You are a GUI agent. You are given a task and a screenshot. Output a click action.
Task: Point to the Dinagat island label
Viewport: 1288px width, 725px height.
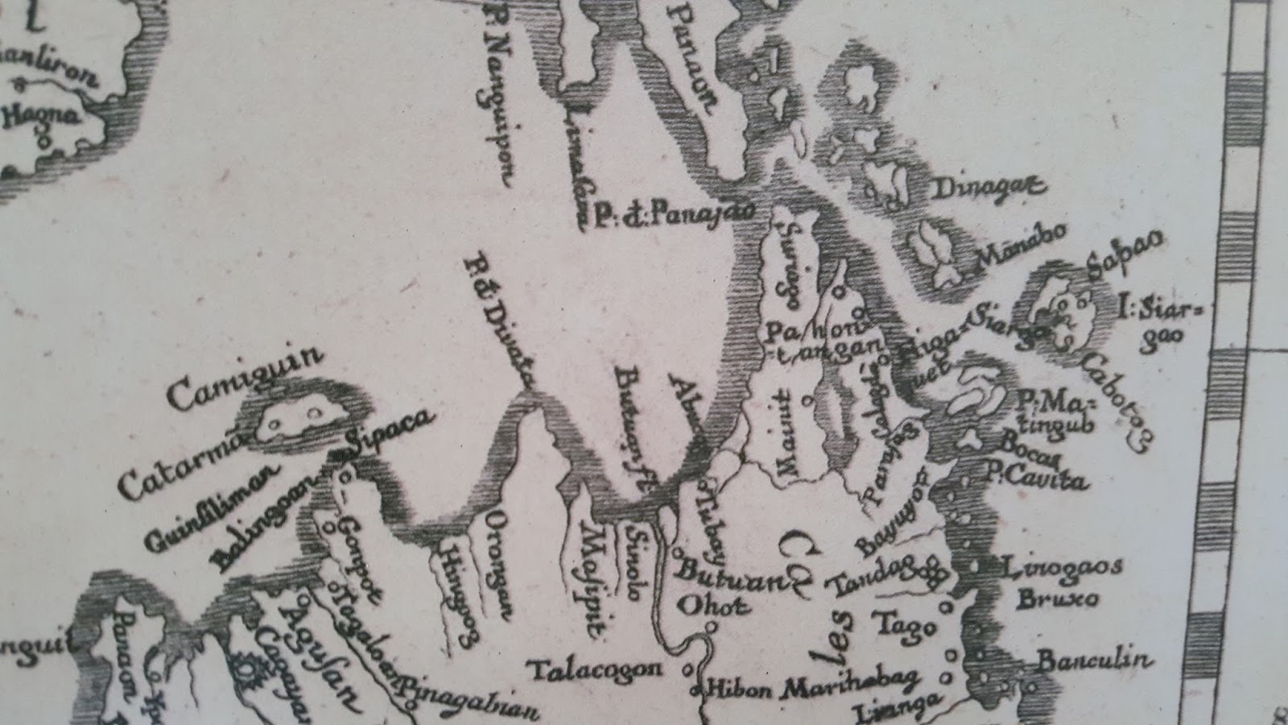pyautogui.click(x=989, y=188)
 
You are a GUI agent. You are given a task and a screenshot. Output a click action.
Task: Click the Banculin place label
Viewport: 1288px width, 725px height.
pyautogui.click(x=1091, y=662)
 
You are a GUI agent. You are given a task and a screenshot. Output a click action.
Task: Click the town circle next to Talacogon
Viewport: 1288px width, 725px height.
pyautogui.click(x=686, y=669)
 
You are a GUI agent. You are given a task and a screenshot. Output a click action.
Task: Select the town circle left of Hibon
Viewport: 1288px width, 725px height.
pyautogui.click(x=696, y=691)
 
